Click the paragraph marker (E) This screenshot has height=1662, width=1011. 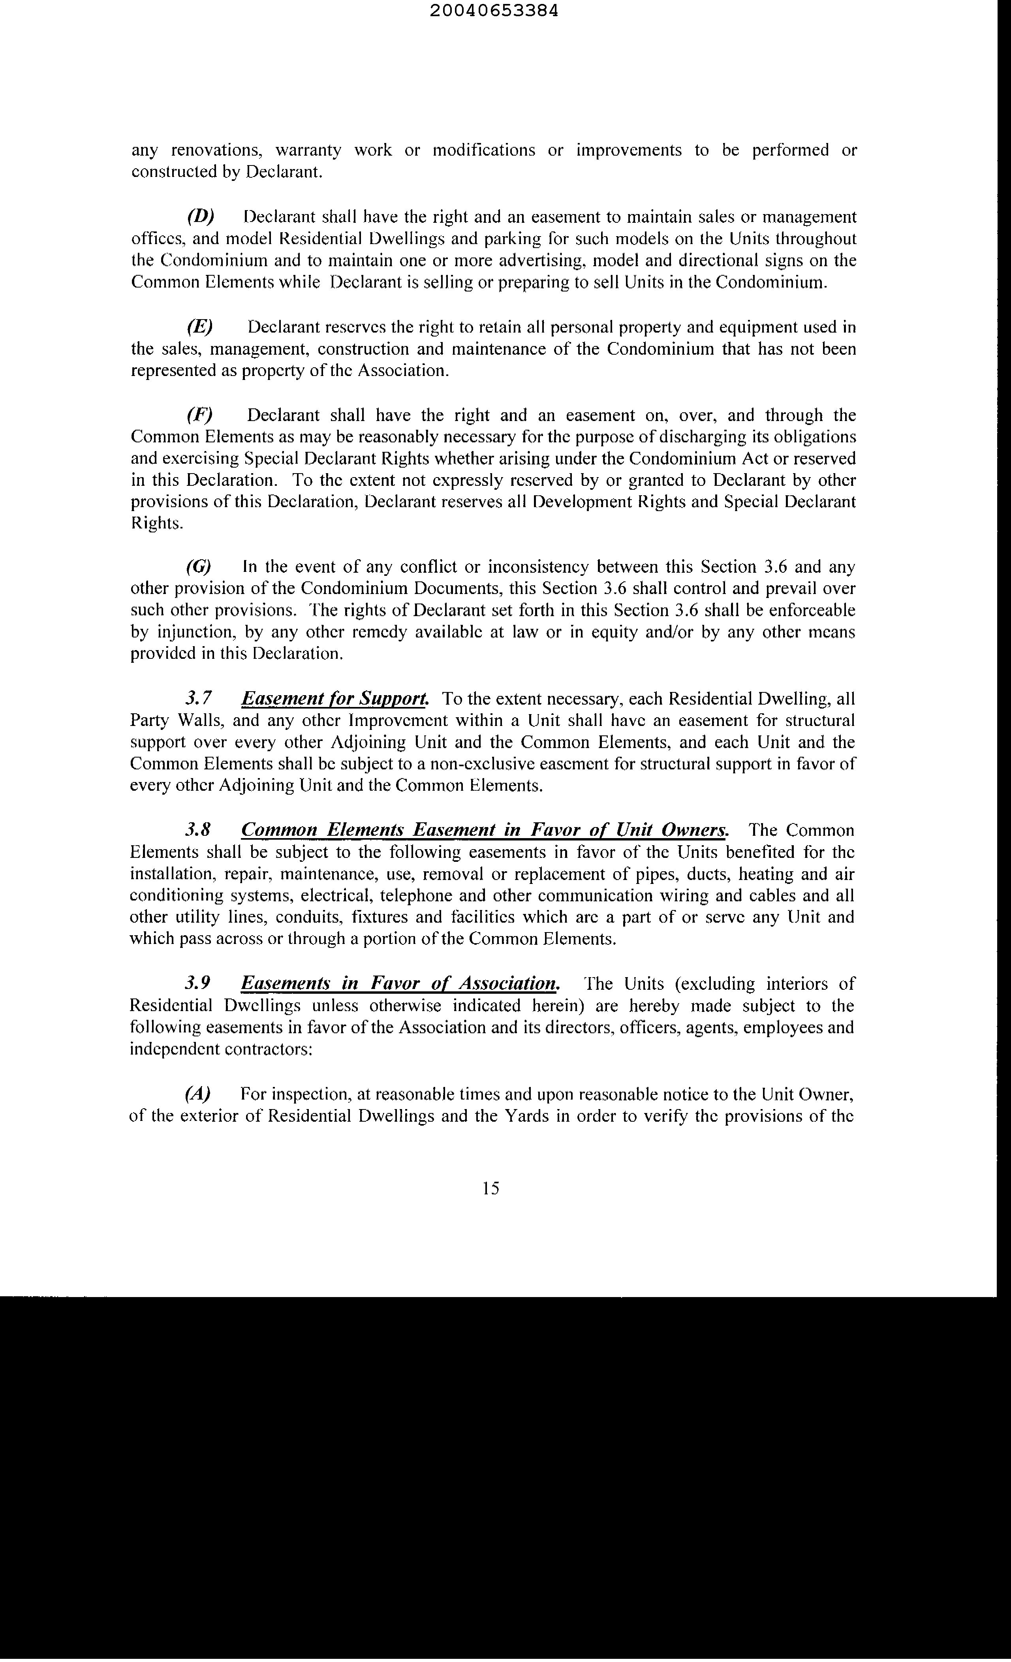200,327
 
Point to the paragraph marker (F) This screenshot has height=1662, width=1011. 200,415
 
